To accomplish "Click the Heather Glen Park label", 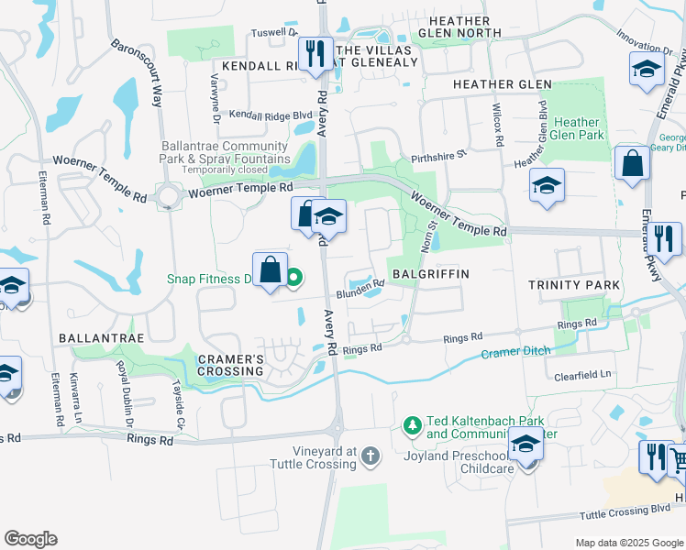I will [x=578, y=128].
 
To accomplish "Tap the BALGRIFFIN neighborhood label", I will [x=431, y=274].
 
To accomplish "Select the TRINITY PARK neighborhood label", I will [x=575, y=285].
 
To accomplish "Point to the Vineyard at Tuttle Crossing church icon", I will [x=370, y=456].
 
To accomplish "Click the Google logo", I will [x=30, y=538].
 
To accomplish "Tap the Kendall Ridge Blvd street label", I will [x=271, y=115].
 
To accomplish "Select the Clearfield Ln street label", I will [x=581, y=374].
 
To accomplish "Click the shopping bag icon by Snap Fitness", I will [x=270, y=270].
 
